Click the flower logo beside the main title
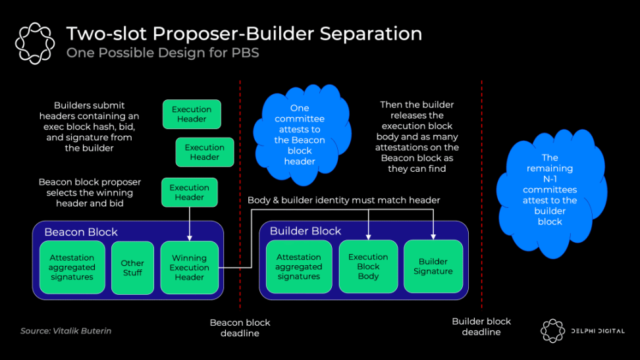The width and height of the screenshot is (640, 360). (34, 43)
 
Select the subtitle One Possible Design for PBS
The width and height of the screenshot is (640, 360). (163, 53)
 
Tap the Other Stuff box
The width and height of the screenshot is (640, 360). (132, 268)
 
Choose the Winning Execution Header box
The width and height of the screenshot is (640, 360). (189, 268)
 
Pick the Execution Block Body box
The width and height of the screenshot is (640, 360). (368, 267)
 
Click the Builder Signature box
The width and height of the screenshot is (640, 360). (433, 267)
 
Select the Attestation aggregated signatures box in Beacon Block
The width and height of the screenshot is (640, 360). (72, 268)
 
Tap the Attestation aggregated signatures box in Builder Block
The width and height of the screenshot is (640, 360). (298, 267)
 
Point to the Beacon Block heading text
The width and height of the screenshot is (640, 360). (81, 232)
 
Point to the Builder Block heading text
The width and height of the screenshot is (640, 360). (306, 231)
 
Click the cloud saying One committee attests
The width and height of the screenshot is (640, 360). (300, 134)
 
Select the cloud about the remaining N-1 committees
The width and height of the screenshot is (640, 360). (550, 190)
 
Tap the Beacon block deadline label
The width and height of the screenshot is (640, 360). (240, 328)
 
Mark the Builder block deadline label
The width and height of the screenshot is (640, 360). (481, 326)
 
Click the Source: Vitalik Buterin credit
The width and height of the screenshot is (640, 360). (66, 331)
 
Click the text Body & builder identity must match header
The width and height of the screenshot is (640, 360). (344, 200)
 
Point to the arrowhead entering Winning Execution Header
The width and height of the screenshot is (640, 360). (190, 238)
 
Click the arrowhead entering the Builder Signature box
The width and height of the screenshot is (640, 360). (433, 237)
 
